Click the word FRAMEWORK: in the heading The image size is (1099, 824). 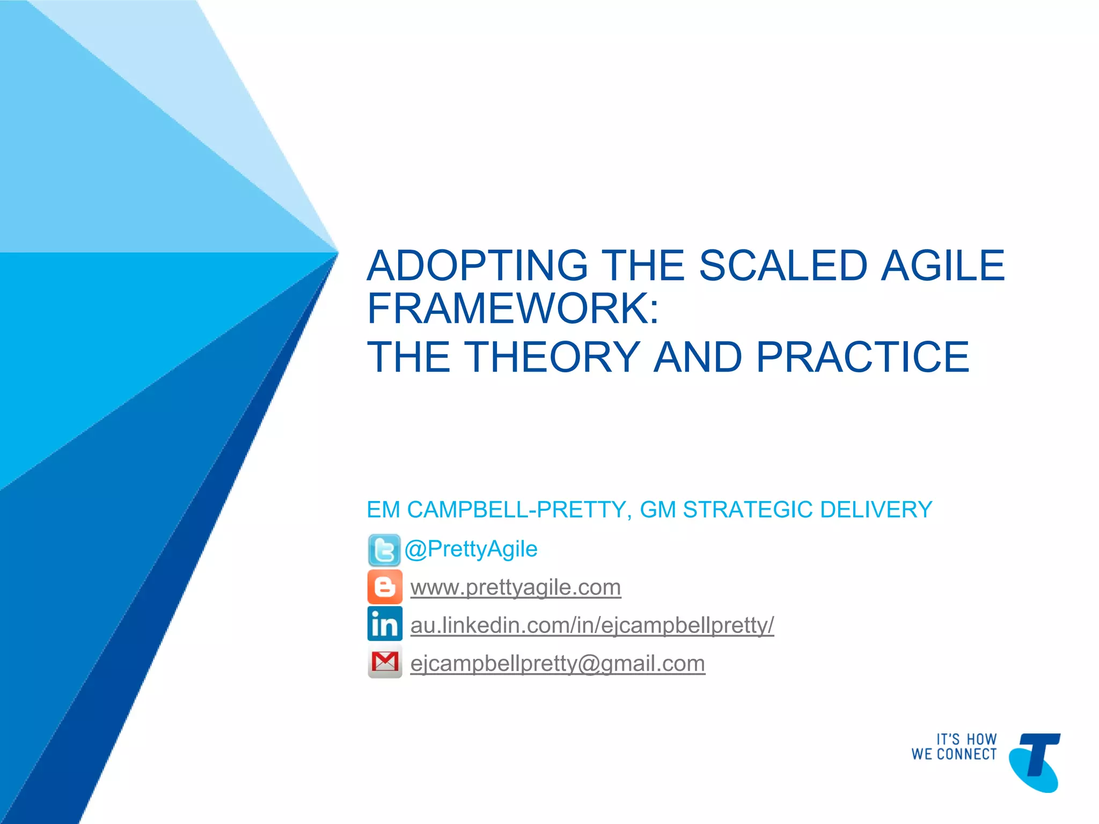512,309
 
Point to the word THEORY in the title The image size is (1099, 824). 552,357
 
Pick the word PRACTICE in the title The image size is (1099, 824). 862,357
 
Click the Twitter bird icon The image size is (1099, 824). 384,550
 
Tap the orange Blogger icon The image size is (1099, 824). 384,587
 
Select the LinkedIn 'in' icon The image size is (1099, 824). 384,624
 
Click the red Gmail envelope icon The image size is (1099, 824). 384,663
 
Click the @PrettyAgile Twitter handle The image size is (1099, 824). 471,549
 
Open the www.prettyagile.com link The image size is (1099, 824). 515,587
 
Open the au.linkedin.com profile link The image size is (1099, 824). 592,626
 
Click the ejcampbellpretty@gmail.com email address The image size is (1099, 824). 557,664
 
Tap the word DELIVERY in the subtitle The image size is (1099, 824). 876,510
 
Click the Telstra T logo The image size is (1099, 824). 1034,762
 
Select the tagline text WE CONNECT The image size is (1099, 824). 954,754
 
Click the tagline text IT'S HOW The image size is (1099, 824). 966,739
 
